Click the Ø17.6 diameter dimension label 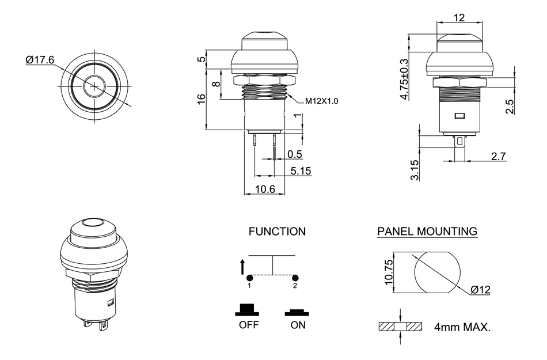[x=40, y=60]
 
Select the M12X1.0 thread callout [x=322, y=101]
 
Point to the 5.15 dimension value [x=301, y=170]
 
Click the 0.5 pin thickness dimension [x=295, y=154]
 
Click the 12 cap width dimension [x=459, y=18]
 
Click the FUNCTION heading [x=277, y=232]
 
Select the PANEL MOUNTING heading [x=427, y=232]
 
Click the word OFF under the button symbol [x=249, y=325]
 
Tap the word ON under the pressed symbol [x=298, y=325]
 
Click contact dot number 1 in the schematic [x=249, y=277]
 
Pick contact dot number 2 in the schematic [x=295, y=277]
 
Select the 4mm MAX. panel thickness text [x=463, y=328]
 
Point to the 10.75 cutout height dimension [x=389, y=272]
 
